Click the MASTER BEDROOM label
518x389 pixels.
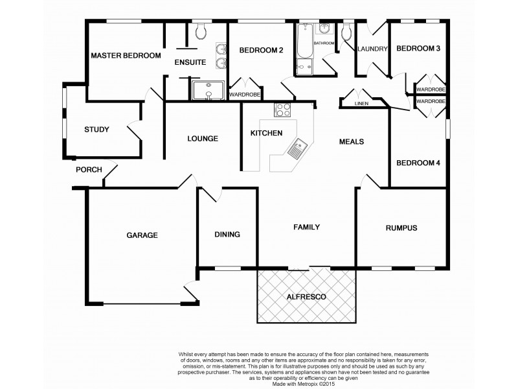[126, 56]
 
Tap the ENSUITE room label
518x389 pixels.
[190, 62]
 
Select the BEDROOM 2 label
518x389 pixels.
[262, 50]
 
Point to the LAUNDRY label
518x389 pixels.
[372, 49]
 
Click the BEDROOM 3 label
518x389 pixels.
[418, 49]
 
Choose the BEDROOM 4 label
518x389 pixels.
[418, 163]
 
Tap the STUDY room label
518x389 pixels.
[96, 130]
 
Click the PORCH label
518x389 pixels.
[89, 170]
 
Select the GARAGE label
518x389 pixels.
[142, 235]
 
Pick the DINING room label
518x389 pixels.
[227, 235]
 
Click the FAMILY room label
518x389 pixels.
[307, 228]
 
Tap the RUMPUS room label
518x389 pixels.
[401, 228]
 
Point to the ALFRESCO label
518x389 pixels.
[306, 296]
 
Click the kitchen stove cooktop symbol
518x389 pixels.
[284, 110]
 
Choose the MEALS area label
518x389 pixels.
[352, 141]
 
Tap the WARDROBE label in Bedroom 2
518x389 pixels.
[245, 95]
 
